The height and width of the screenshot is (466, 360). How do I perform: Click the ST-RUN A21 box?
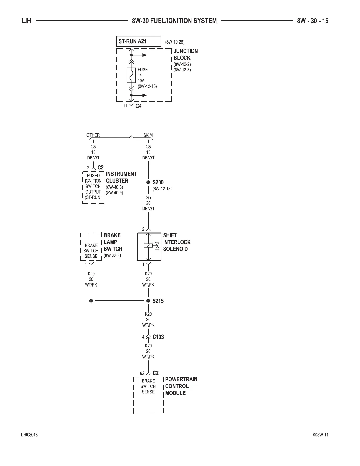point(139,41)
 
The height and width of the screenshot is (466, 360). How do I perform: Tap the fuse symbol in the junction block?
point(131,75)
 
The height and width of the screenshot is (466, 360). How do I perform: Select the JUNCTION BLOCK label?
point(185,54)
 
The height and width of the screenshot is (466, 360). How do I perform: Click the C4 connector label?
point(139,106)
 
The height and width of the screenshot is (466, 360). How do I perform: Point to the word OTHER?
point(93,135)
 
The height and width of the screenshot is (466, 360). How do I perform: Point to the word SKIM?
point(148,135)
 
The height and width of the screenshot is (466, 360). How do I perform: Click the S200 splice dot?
point(148,182)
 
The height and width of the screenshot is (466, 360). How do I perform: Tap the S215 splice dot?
point(148,301)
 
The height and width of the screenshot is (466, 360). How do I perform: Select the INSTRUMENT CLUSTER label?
point(121,177)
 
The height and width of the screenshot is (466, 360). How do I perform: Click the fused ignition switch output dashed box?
point(93,187)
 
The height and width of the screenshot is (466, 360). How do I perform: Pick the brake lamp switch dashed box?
point(91,247)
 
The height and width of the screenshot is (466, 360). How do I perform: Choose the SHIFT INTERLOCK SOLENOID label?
point(176,242)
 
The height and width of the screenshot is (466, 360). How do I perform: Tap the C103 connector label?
point(158,337)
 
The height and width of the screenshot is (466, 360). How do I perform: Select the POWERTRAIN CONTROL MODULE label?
point(181,386)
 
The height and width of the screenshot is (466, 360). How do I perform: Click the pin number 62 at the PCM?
point(142,373)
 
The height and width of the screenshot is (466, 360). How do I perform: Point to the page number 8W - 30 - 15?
point(312,21)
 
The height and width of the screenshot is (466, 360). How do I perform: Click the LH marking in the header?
point(26,21)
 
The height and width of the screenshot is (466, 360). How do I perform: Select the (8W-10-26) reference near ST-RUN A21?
point(175,42)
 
